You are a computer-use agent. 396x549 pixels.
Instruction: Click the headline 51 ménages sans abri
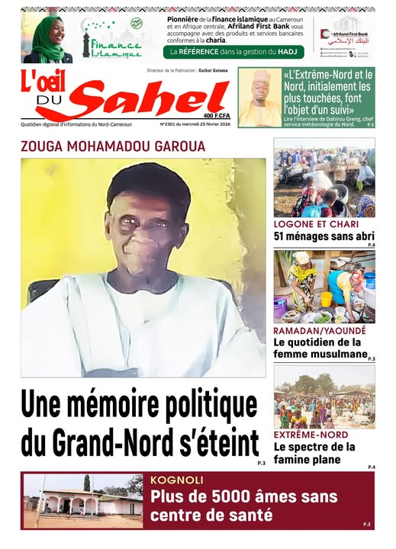coord(324,236)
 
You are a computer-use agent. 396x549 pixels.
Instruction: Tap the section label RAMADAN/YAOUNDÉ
coord(320,332)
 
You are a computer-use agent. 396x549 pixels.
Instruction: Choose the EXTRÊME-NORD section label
coord(307,435)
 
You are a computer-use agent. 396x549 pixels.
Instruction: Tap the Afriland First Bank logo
coord(346,35)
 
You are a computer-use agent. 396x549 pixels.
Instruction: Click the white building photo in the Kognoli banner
coord(82,501)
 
